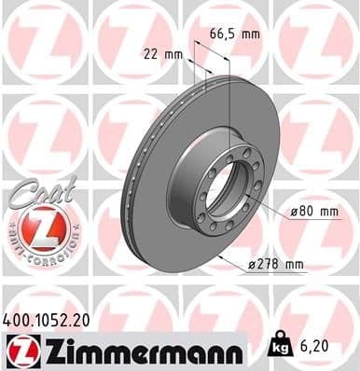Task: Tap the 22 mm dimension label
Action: [x=162, y=53]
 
